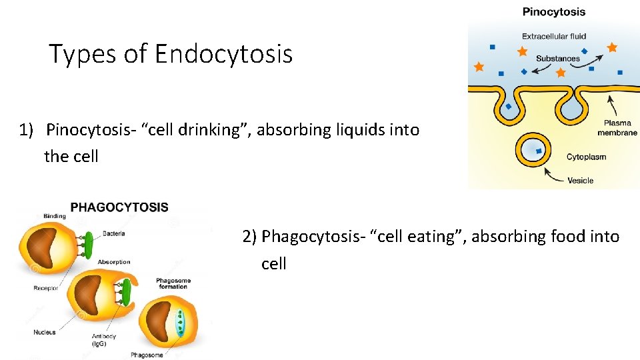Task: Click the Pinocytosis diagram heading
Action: pos(554,11)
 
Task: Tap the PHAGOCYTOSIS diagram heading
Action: pos(119,207)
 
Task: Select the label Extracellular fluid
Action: pos(554,36)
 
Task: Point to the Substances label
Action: pos(558,59)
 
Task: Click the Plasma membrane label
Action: pos(621,127)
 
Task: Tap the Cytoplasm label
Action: pos(587,157)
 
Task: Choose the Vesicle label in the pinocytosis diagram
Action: pos(581,180)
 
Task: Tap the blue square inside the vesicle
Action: pos(539,151)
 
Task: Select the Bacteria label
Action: pos(113,234)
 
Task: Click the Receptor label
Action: pos(46,288)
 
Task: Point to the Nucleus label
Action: pos(45,332)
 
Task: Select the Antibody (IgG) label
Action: pos(104,340)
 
